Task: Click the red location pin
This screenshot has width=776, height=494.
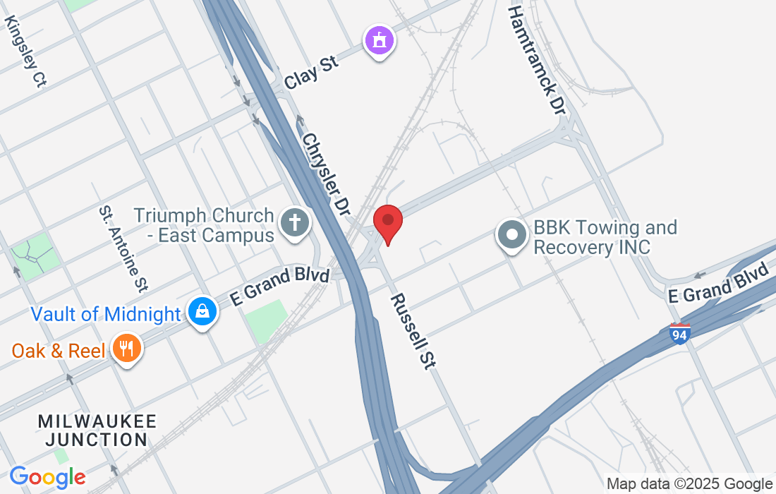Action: (x=387, y=222)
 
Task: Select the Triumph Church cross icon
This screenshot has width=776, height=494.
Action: (x=295, y=224)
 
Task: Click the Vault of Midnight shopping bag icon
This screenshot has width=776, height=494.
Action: (x=202, y=311)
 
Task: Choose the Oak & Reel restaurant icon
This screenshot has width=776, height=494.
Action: (x=127, y=348)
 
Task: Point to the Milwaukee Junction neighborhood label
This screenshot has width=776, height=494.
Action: (x=97, y=430)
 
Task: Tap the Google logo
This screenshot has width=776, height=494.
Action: (x=47, y=477)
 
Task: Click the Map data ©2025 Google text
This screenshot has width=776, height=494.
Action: (x=689, y=484)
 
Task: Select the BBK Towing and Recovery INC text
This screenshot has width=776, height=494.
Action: (x=605, y=237)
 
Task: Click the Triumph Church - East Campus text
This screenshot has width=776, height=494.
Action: (x=204, y=224)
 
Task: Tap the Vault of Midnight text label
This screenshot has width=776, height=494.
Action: (x=106, y=313)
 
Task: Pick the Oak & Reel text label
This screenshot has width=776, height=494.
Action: (x=58, y=350)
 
